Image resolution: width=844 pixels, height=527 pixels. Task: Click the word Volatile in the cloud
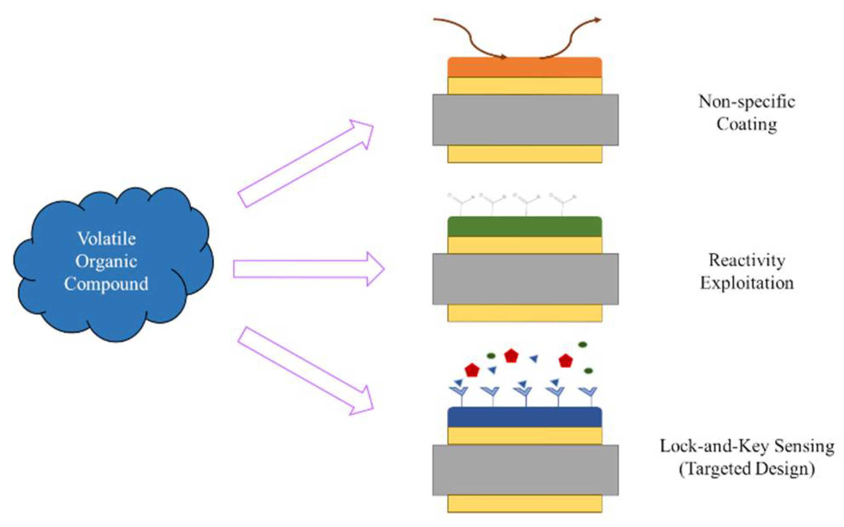pyautogui.click(x=106, y=239)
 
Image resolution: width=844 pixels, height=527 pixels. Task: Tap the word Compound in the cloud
pyautogui.click(x=106, y=284)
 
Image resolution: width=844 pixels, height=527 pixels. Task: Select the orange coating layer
pyautogui.click(x=525, y=68)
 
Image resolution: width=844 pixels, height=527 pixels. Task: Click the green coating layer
pyautogui.click(x=525, y=227)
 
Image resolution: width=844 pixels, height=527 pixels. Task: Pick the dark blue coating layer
pyautogui.click(x=525, y=417)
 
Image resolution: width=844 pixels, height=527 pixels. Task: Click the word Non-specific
pyautogui.click(x=746, y=102)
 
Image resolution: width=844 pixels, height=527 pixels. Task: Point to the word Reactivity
pyautogui.click(x=746, y=261)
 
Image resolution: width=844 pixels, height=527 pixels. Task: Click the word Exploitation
pyautogui.click(x=746, y=283)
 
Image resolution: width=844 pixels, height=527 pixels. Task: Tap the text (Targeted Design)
pyautogui.click(x=746, y=469)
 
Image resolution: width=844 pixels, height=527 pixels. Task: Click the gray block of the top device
pyautogui.click(x=525, y=120)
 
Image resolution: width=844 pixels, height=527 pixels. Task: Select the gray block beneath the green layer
pyautogui.click(x=525, y=279)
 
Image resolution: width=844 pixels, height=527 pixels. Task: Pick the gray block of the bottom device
pyautogui.click(x=525, y=470)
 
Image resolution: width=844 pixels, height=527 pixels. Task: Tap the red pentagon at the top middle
pyautogui.click(x=511, y=356)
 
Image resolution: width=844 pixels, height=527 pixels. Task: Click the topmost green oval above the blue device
pyautogui.click(x=582, y=344)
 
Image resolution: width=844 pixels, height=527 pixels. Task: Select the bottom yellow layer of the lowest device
pyautogui.click(x=525, y=503)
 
